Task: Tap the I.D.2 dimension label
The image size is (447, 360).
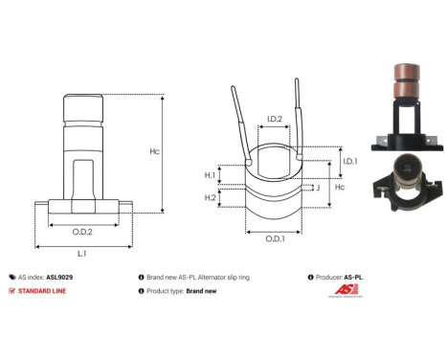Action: [274, 120]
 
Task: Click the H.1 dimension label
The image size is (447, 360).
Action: [210, 175]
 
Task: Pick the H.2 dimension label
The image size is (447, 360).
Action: [210, 197]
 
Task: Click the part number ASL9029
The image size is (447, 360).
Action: [59, 275]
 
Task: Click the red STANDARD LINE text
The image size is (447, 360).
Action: [43, 289]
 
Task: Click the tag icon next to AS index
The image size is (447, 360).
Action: [11, 275]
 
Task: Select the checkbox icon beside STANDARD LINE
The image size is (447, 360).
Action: [11, 289]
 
